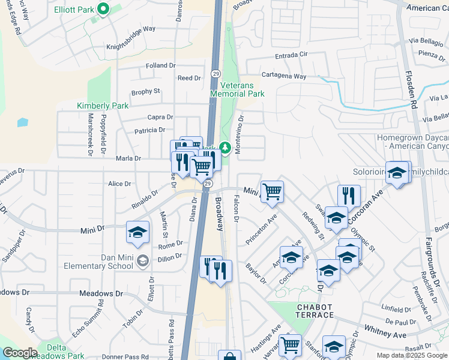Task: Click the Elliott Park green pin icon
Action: coord(103,9)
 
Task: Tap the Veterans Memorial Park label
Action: coord(238,90)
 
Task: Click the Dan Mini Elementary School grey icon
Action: coord(143,260)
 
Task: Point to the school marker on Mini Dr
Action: coord(137,232)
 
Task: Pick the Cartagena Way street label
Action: coord(283,77)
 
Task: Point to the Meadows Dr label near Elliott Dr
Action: coord(101,294)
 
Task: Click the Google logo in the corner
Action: coord(19,353)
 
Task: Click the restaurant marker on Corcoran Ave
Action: coord(349,195)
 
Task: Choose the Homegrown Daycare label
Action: coord(412,142)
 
